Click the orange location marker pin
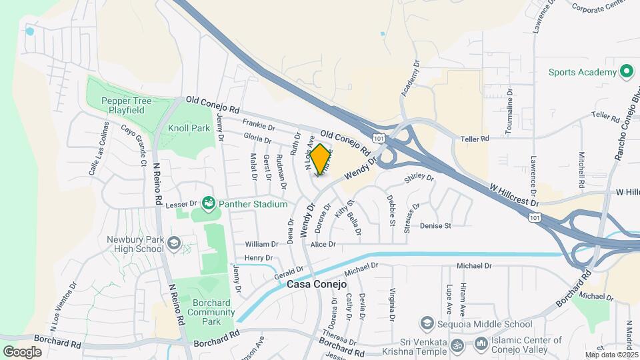tap(320, 159)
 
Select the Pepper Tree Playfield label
tap(127, 105)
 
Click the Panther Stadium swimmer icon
tap(208, 203)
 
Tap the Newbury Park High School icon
tap(174, 243)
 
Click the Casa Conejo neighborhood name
tap(317, 284)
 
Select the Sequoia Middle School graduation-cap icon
tap(427, 324)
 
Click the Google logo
tap(23, 352)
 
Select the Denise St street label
tap(435, 226)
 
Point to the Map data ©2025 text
tap(611, 355)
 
